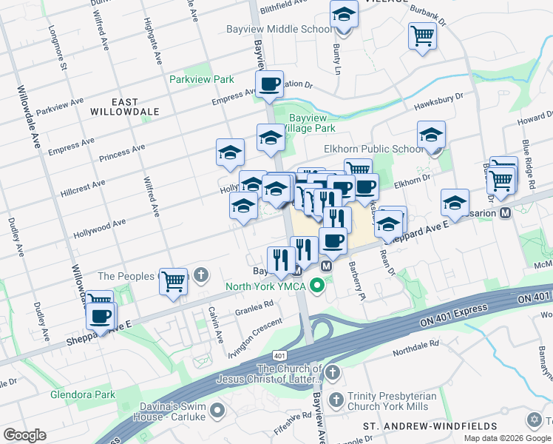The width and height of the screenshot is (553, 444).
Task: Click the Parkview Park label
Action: pyautogui.click(x=201, y=79)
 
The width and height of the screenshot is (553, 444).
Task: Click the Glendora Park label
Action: pyautogui.click(x=83, y=394)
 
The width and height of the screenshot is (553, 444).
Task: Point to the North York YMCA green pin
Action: pyautogui.click(x=318, y=284)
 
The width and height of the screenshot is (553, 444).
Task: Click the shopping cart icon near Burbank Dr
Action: pyautogui.click(x=422, y=35)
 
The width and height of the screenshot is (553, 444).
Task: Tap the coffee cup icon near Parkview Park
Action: pyautogui.click(x=270, y=84)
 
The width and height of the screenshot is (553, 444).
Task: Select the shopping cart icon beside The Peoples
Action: pyautogui.click(x=173, y=281)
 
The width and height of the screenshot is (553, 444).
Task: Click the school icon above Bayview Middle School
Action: pyautogui.click(x=344, y=14)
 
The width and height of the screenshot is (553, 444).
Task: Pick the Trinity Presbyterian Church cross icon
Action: pyautogui.click(x=336, y=400)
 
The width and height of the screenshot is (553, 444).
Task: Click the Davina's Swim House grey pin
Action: pyautogui.click(x=217, y=409)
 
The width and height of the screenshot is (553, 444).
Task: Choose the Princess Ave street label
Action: pyautogui.click(x=121, y=157)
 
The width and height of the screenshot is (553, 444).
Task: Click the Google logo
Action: pyautogui.click(x=24, y=435)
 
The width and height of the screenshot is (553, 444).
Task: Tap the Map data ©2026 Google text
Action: pyautogui.click(x=507, y=438)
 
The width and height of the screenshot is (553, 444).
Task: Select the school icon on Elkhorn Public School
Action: pyautogui.click(x=431, y=136)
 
